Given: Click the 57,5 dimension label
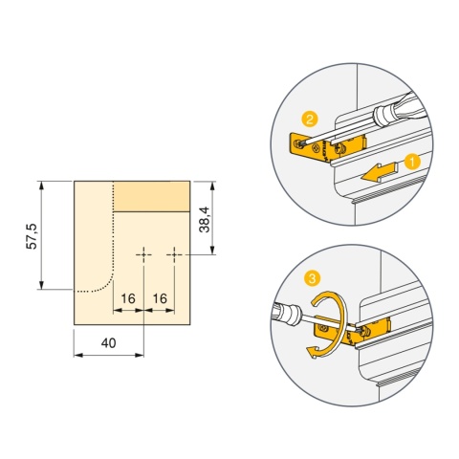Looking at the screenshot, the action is point(32,236).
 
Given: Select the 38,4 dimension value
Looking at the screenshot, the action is point(205,220).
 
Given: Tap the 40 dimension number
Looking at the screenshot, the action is point(109,343).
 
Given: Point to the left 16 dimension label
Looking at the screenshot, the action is point(128,298).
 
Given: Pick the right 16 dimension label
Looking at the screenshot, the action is point(160,298).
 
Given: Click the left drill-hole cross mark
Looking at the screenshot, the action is point(143,254).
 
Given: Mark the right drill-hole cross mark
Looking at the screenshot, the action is point(174,254).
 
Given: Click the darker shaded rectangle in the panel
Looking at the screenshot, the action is point(152,196).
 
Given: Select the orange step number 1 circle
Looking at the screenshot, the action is point(412,162).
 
